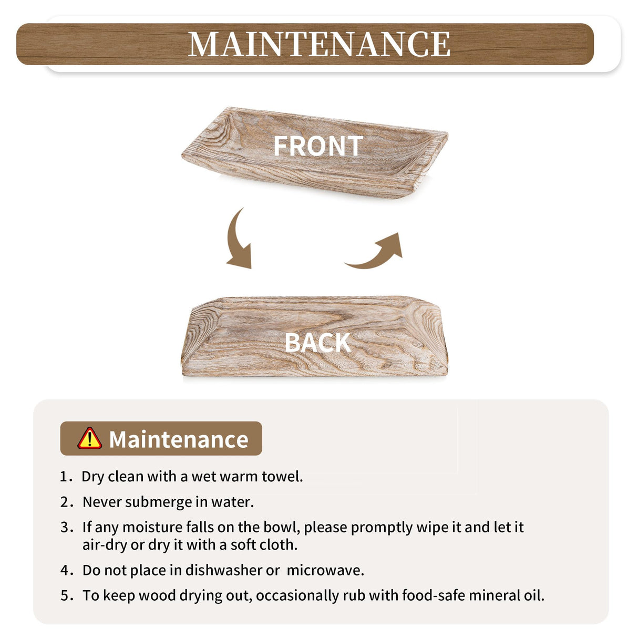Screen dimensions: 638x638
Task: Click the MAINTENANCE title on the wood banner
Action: pyautogui.click(x=319, y=44)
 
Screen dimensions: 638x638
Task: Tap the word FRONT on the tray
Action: pyautogui.click(x=318, y=146)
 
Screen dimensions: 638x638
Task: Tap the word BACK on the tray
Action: pyautogui.click(x=317, y=343)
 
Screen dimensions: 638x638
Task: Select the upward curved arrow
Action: pyautogui.click(x=377, y=252)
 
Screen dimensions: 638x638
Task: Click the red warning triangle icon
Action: pyautogui.click(x=90, y=438)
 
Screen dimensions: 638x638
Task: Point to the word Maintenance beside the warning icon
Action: pyautogui.click(x=179, y=439)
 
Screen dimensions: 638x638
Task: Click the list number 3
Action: pyautogui.click(x=65, y=527)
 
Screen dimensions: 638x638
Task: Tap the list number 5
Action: pyautogui.click(x=65, y=595)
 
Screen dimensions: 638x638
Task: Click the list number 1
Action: pyautogui.click(x=65, y=477)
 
